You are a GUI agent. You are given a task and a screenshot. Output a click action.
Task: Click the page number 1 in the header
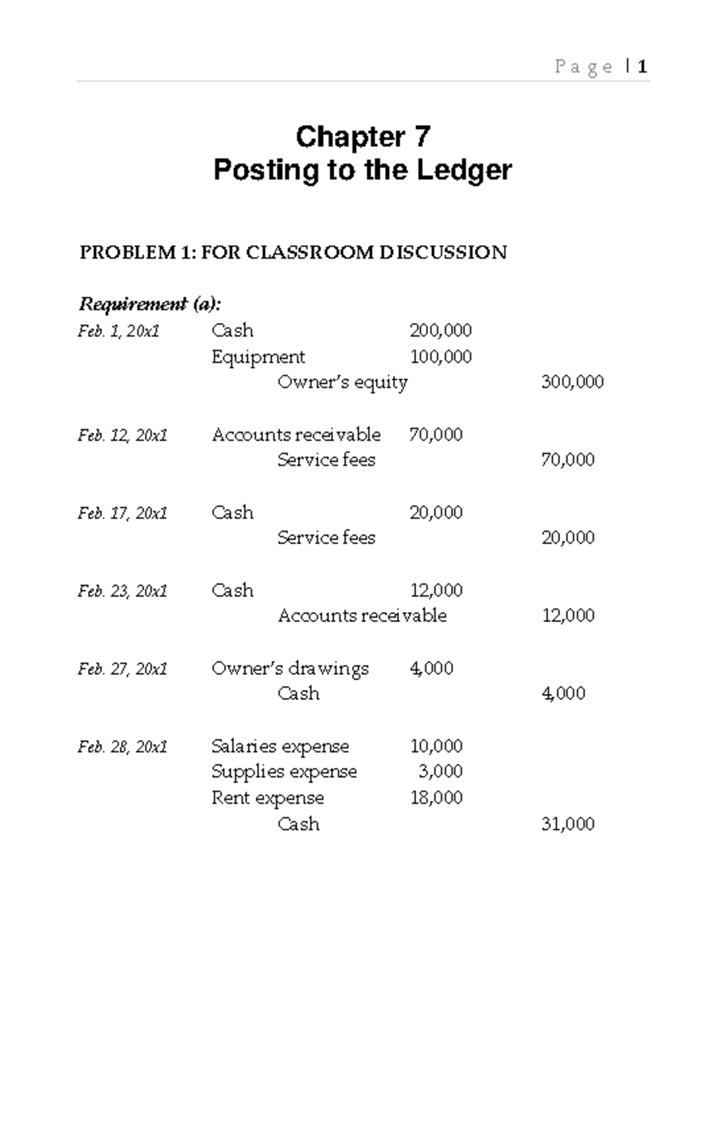pyautogui.click(x=643, y=66)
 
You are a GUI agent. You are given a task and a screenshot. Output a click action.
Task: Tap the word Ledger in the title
pyautogui.click(x=464, y=170)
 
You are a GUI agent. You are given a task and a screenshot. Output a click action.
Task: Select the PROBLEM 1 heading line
pyautogui.click(x=293, y=252)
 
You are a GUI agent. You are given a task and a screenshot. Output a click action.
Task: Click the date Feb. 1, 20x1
pyautogui.click(x=119, y=331)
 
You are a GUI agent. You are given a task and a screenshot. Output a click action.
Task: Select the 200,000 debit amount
pyautogui.click(x=440, y=331)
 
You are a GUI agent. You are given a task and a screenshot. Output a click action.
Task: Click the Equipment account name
pyautogui.click(x=258, y=357)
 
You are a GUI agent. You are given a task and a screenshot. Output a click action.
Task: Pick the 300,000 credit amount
pyautogui.click(x=572, y=382)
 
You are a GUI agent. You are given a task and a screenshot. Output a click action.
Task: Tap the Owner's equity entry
pyautogui.click(x=342, y=382)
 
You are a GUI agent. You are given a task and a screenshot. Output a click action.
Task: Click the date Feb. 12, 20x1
pyautogui.click(x=122, y=435)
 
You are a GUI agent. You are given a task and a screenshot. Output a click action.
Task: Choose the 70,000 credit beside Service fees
pyautogui.click(x=567, y=460)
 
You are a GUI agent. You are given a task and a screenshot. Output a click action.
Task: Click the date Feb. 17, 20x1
pyautogui.click(x=122, y=514)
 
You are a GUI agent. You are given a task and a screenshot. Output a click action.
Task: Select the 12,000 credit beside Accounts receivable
pyautogui.click(x=567, y=616)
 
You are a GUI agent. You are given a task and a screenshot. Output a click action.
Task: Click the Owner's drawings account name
pyautogui.click(x=290, y=669)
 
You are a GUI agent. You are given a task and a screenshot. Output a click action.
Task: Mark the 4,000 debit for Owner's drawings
pyautogui.click(x=431, y=669)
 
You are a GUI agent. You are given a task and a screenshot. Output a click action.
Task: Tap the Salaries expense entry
pyautogui.click(x=280, y=746)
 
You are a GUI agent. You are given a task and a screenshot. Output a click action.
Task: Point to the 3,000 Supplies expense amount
pyautogui.click(x=440, y=772)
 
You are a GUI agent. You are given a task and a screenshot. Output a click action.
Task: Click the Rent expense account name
pyautogui.click(x=267, y=798)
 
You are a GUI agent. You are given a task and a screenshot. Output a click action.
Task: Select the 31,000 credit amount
pyautogui.click(x=567, y=824)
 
